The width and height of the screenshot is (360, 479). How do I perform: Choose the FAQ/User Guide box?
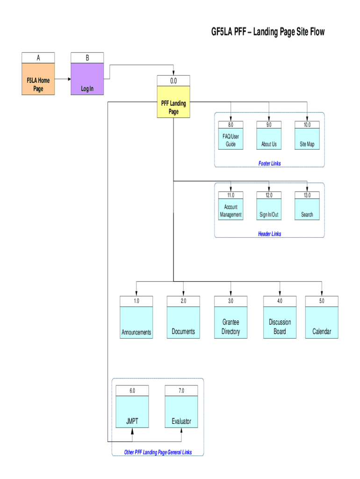tap(230, 139)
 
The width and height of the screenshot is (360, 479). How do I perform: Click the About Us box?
tap(269, 139)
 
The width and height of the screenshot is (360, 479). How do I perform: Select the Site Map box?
tap(307, 139)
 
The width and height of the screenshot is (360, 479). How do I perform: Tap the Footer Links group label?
tap(269, 163)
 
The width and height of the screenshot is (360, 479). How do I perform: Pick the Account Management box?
tap(230, 210)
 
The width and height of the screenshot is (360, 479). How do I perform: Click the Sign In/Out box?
tap(269, 210)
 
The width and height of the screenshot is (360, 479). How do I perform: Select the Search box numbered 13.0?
tap(307, 210)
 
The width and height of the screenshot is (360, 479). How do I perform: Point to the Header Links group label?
tap(269, 234)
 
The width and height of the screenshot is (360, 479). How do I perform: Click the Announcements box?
tap(136, 322)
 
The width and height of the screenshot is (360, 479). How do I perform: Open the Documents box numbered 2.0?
tap(183, 322)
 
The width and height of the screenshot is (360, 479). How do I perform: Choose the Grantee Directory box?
tap(230, 322)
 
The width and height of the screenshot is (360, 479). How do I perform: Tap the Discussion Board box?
tap(280, 322)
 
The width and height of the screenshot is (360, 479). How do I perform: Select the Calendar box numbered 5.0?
tap(322, 322)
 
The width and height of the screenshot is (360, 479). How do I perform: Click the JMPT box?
tap(132, 412)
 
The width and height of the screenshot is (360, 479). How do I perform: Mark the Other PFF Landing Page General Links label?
tap(158, 452)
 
